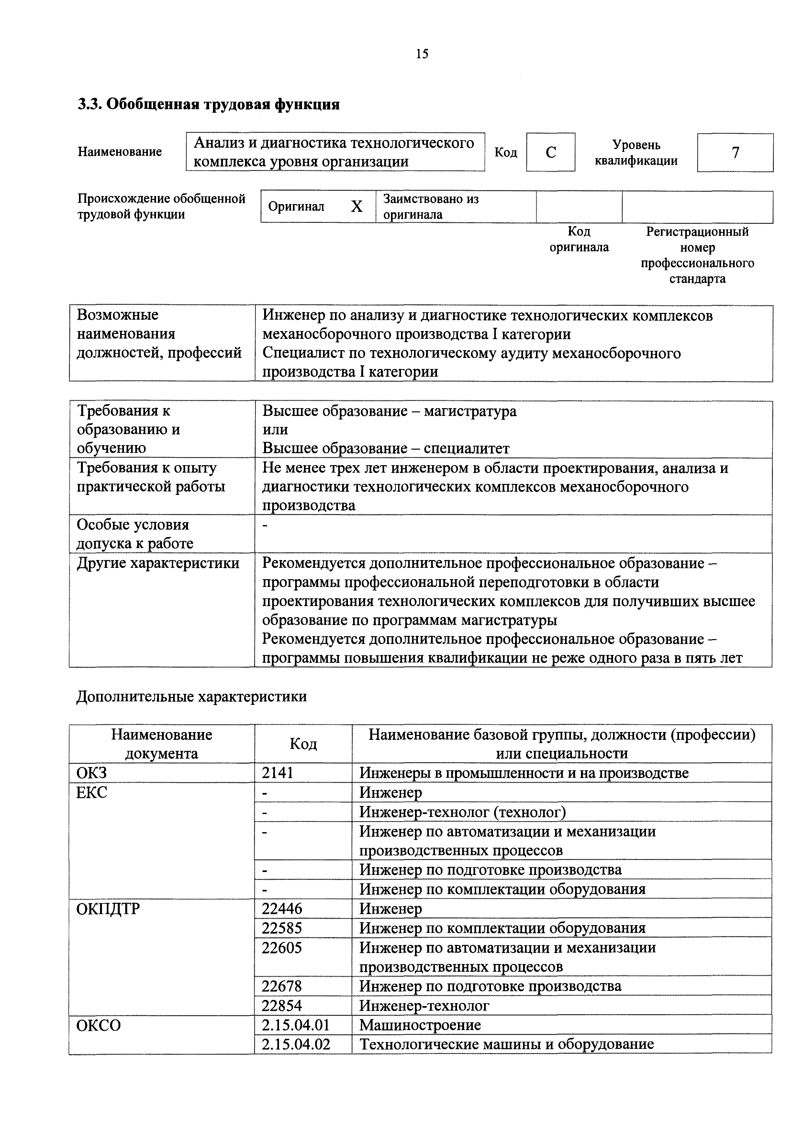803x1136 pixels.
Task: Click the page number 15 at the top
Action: (422, 53)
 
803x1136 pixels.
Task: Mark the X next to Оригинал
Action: (356, 206)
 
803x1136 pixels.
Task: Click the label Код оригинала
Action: (579, 239)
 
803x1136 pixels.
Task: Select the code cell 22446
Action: (282, 909)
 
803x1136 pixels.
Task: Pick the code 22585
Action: (282, 928)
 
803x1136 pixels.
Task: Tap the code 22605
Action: (282, 947)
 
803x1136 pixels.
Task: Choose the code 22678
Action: (282, 986)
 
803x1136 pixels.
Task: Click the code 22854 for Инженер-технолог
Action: (282, 1005)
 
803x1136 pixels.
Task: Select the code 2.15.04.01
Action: (296, 1025)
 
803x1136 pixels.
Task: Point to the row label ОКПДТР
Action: (108, 909)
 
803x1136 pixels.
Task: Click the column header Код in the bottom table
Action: (303, 744)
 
